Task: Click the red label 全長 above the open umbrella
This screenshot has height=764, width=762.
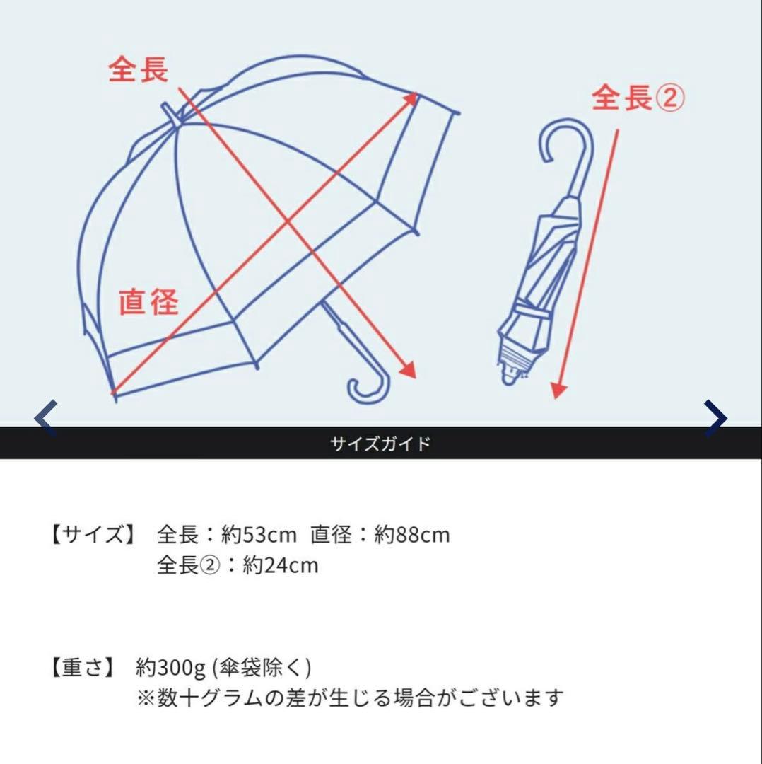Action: [x=139, y=70]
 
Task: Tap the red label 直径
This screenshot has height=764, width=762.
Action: [x=148, y=302]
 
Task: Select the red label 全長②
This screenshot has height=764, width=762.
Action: [x=638, y=98]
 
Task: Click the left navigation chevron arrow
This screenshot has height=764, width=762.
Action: [x=46, y=418]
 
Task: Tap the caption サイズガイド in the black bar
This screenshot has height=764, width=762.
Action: [x=380, y=444]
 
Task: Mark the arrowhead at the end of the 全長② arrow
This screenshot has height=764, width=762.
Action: [x=558, y=390]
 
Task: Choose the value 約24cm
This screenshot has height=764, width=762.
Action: [x=281, y=565]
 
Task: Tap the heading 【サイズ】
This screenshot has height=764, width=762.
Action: [x=93, y=535]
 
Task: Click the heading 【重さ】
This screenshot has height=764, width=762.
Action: [x=82, y=668]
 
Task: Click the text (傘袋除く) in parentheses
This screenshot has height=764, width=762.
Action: [x=261, y=668]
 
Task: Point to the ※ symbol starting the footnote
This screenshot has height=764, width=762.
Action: [x=145, y=698]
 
